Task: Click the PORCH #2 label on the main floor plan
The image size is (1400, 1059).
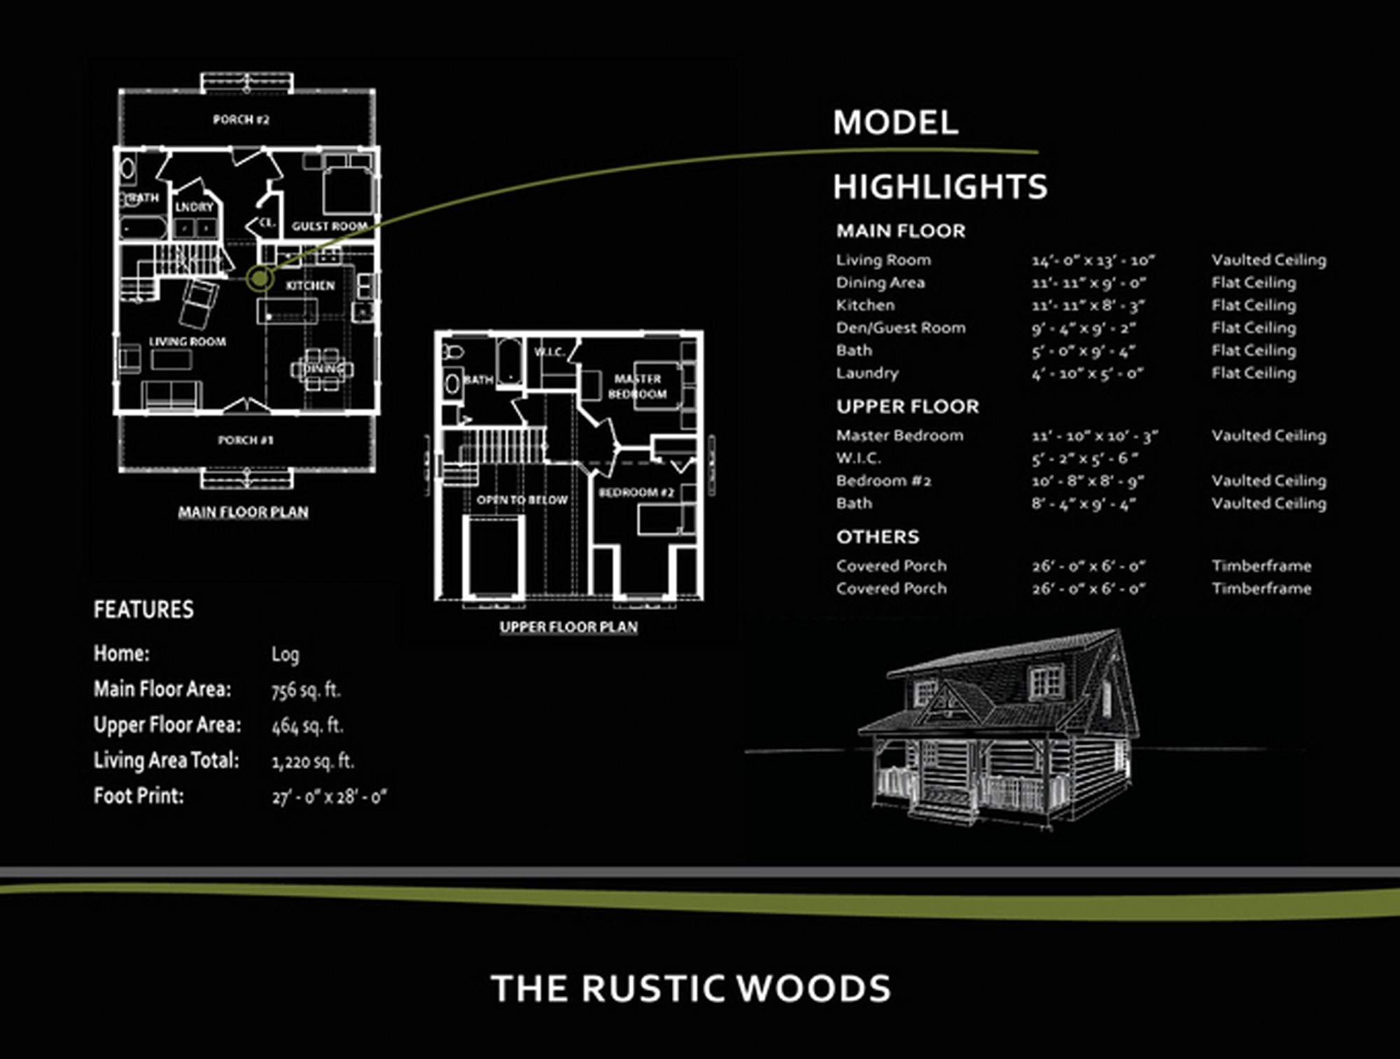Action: pyautogui.click(x=241, y=120)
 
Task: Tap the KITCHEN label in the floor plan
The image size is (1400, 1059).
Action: pyautogui.click(x=310, y=286)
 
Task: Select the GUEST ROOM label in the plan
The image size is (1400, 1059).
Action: pyautogui.click(x=330, y=226)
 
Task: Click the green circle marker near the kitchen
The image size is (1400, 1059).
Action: pyautogui.click(x=260, y=278)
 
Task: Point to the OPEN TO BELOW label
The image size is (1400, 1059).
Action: pyautogui.click(x=521, y=500)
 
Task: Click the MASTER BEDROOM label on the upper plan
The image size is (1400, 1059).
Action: pyautogui.click(x=637, y=387)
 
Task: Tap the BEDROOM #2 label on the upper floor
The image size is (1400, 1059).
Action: pyautogui.click(x=636, y=492)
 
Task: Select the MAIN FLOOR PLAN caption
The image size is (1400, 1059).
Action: pyautogui.click(x=243, y=512)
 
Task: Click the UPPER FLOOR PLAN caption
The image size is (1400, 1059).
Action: pyautogui.click(x=568, y=627)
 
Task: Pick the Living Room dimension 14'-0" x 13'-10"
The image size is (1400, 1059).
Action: pyautogui.click(x=1093, y=261)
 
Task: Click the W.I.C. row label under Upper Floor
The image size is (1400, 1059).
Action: pyautogui.click(x=858, y=458)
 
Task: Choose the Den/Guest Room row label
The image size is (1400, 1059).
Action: pyautogui.click(x=900, y=328)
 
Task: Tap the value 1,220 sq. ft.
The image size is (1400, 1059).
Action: pyautogui.click(x=313, y=761)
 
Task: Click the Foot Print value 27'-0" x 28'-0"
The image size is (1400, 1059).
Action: pyautogui.click(x=329, y=797)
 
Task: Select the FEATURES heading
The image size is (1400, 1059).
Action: pyautogui.click(x=143, y=609)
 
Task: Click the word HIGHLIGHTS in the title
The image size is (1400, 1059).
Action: pyautogui.click(x=939, y=187)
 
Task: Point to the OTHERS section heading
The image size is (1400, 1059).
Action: pyautogui.click(x=877, y=537)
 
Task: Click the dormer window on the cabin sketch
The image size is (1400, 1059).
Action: pyautogui.click(x=1046, y=681)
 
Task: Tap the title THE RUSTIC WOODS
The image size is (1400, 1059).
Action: pyautogui.click(x=691, y=988)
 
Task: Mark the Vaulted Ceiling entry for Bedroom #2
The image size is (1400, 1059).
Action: pyautogui.click(x=1268, y=481)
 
